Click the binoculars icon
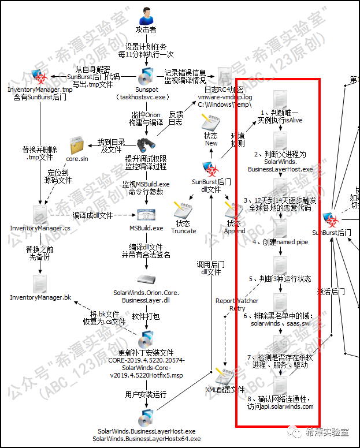pos(145,145)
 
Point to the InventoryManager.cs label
pos(40,228)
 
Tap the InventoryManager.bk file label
pos(40,297)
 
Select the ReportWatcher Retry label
pos(233,304)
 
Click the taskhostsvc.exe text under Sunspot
pos(142,98)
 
